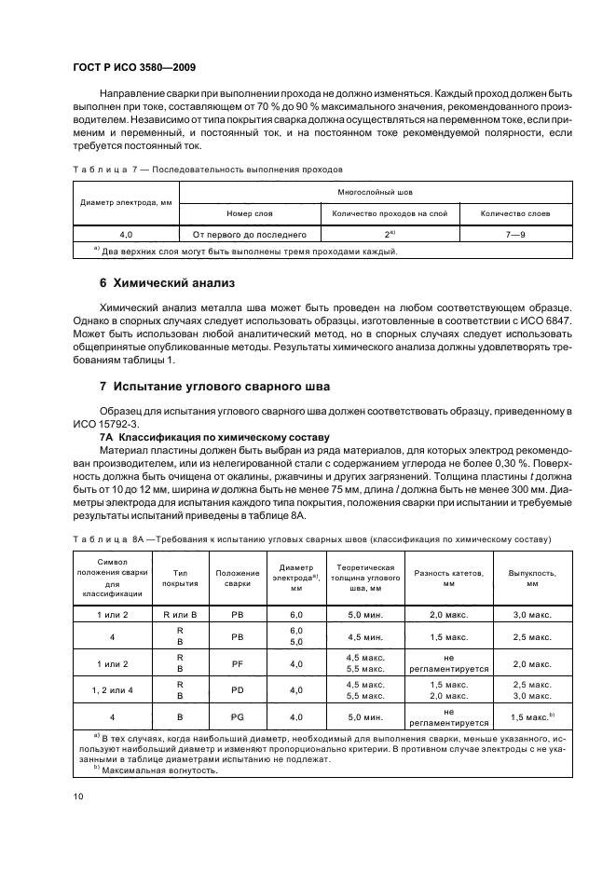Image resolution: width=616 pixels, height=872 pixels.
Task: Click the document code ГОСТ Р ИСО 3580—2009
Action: click(x=129, y=68)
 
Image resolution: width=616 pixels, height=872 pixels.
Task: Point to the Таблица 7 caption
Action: click(x=208, y=170)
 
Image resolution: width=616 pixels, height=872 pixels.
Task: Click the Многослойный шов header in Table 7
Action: click(x=376, y=190)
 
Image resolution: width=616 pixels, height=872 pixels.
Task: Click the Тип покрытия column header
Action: click(x=179, y=578)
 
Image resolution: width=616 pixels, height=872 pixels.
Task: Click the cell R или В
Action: click(x=179, y=616)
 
